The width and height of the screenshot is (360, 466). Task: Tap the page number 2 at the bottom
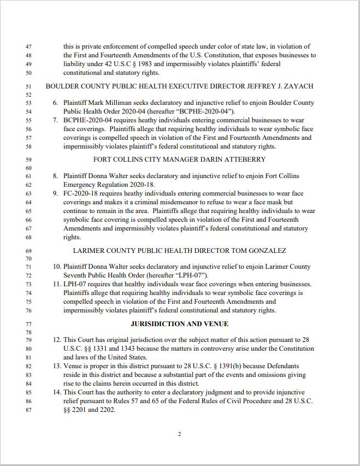tap(179, 434)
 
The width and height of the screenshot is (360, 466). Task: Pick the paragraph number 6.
tap(55, 103)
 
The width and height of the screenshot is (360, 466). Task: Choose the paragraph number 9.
tap(55, 193)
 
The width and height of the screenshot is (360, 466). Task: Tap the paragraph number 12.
tap(56, 340)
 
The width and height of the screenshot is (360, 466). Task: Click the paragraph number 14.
tap(56, 392)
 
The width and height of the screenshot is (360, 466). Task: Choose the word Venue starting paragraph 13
tap(74, 366)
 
